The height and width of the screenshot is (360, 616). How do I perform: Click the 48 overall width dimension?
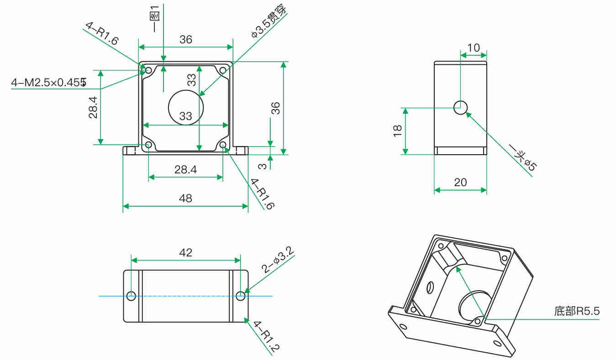[x=185, y=198]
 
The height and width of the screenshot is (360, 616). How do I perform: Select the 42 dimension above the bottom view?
[x=185, y=252]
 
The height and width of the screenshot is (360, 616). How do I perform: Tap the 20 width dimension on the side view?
[x=460, y=183]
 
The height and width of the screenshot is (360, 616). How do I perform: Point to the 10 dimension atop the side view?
[x=474, y=48]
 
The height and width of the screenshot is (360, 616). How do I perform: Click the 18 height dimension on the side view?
[x=398, y=131]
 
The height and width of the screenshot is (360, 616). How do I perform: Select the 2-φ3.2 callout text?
[x=277, y=260]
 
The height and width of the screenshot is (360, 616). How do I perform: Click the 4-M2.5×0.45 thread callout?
[x=48, y=83]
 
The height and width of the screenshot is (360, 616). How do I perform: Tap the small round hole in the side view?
[x=460, y=108]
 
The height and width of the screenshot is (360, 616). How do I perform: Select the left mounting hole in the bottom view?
[x=131, y=296]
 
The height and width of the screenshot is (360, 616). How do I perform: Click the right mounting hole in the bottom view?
[x=241, y=296]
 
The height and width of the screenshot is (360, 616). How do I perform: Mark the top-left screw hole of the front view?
[x=148, y=70]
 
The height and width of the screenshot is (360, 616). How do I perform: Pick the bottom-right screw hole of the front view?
[x=223, y=145]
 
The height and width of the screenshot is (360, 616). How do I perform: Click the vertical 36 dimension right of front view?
[x=275, y=108]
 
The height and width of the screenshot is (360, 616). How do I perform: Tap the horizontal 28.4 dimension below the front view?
[x=185, y=170]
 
